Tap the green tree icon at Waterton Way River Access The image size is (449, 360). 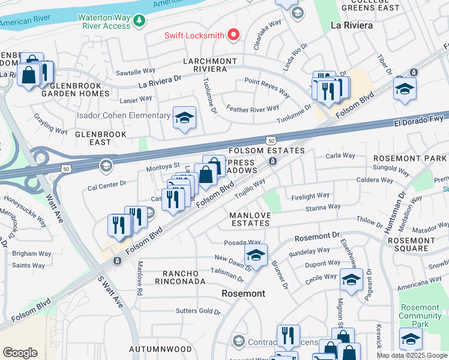pos(139,22)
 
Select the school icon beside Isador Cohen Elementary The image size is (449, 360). pos(184,118)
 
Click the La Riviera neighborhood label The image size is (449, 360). pos(352,26)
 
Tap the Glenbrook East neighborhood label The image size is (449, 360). pos(101,138)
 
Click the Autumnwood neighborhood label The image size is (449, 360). pos(157,349)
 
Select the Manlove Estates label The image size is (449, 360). pos(250,219)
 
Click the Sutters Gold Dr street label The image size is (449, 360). pos(198,311)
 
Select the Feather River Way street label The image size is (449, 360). pos(252,109)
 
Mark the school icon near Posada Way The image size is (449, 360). pos(256,255)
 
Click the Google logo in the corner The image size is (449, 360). pos(20,353)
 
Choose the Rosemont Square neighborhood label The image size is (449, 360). pos(415,244)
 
